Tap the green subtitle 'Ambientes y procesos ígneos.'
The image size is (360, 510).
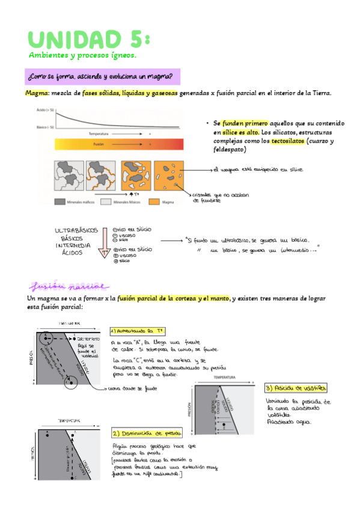click(x=82, y=55)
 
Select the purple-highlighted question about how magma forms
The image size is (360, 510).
click(x=100, y=77)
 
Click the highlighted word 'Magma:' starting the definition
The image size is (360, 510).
click(x=37, y=93)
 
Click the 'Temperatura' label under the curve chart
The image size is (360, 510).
click(x=99, y=134)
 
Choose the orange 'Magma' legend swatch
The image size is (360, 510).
click(x=154, y=203)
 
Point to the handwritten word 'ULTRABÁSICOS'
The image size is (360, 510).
click(x=76, y=231)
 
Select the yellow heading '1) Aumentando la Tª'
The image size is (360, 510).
click(x=138, y=331)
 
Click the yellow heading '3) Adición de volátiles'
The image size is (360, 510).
click(x=296, y=388)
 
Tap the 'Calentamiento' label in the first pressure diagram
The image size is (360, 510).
click(x=88, y=340)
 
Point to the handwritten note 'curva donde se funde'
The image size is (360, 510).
click(x=133, y=389)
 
